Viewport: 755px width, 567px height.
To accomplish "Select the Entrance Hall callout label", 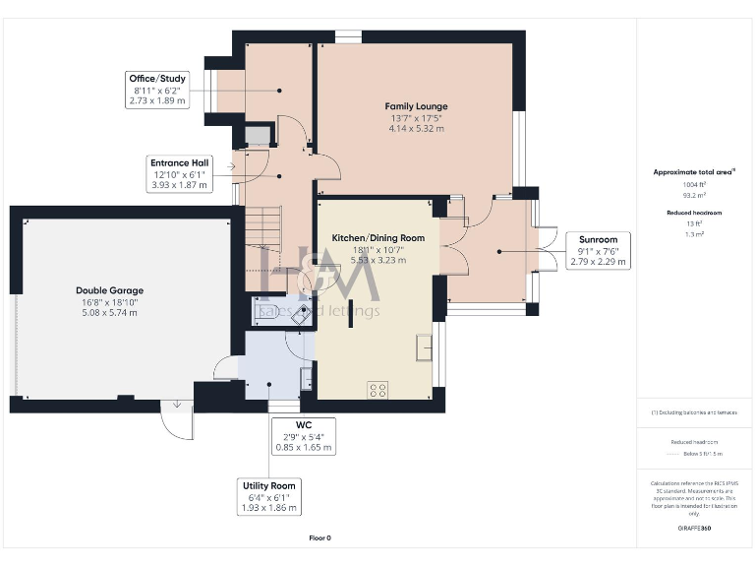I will pyautogui.click(x=178, y=173).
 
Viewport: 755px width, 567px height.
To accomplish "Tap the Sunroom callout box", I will pyautogui.click(x=598, y=251).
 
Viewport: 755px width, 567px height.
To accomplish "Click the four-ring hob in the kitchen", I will pyautogui.click(x=377, y=390).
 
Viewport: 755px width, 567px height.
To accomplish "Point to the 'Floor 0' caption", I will pyautogui.click(x=319, y=537).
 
